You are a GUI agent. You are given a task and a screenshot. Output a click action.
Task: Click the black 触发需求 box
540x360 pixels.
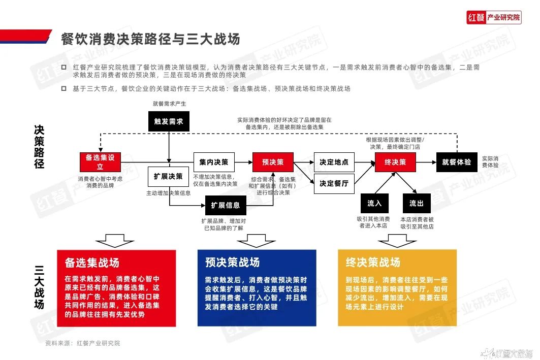coord(169,121)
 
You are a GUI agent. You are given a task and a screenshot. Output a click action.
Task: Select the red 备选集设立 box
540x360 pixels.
coord(100,162)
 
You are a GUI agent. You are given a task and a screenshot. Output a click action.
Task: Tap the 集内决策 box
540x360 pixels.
coord(214,162)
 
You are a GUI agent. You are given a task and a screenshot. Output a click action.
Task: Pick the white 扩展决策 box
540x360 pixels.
coord(168,177)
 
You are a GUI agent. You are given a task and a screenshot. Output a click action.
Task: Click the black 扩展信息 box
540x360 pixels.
coord(226,206)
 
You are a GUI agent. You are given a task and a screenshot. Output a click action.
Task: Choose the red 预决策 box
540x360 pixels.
coord(273,162)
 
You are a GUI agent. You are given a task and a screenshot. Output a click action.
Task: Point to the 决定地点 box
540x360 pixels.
coord(334,162)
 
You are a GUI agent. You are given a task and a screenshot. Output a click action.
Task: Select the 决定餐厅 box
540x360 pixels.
coord(334,184)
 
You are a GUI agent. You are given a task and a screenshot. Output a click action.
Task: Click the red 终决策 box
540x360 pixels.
coord(395,162)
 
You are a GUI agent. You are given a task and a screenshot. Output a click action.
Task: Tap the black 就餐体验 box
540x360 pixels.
coord(457,162)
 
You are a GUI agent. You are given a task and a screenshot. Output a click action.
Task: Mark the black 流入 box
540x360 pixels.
coord(375,204)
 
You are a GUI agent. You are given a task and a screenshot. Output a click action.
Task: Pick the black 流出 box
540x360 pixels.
coord(417,204)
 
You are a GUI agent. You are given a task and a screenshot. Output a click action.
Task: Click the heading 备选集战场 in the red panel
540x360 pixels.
coord(92,263)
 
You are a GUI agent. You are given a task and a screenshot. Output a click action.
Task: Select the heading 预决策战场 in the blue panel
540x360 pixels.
coord(233,262)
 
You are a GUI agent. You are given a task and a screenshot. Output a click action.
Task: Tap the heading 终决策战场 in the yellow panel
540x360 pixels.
coord(373,262)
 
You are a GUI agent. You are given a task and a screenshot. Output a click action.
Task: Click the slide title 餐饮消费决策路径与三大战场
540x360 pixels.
coord(150,39)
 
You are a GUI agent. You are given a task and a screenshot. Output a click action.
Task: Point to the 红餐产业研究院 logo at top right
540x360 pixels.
coord(494,17)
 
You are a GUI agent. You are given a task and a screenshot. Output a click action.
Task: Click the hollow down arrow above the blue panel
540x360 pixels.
coord(257,241)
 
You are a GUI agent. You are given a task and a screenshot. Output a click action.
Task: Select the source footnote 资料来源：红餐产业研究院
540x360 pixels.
coord(83,343)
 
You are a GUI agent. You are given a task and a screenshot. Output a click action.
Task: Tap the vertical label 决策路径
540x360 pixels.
coord(39,147)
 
